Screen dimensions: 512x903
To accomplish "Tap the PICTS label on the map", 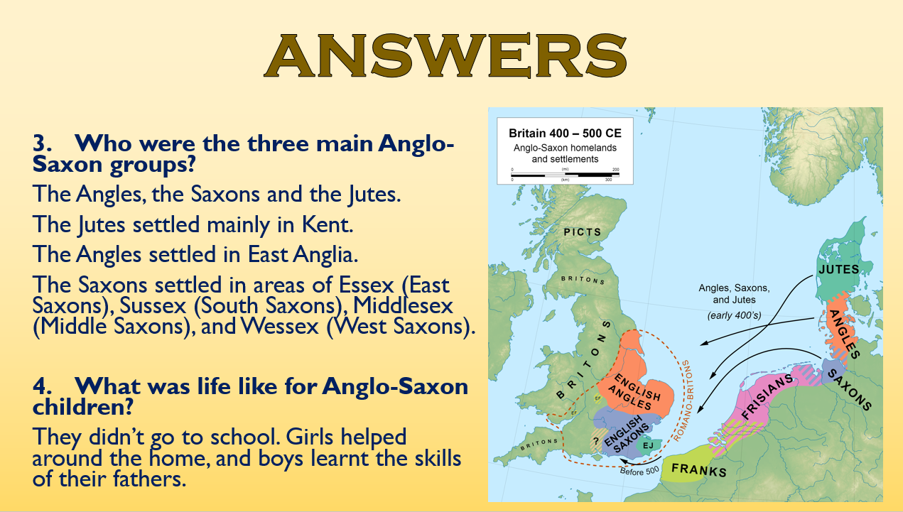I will pos(583,232).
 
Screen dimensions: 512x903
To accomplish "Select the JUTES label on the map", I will pos(838,269).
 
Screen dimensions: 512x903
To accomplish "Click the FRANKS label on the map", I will pos(699,469).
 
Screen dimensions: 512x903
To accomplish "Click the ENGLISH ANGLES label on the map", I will pos(637,391).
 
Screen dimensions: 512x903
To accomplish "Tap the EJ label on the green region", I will pos(648,445).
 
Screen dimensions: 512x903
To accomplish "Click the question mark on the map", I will pos(594,441).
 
